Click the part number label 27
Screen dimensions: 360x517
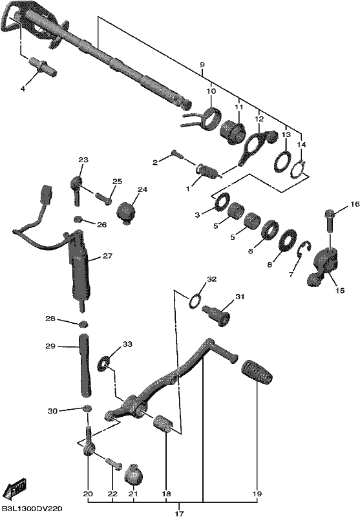point(107,255)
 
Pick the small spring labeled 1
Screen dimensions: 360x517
point(208,172)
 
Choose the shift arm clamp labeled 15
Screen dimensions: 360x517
point(323,268)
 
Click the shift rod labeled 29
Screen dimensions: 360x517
point(85,364)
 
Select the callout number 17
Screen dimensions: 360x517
point(179,513)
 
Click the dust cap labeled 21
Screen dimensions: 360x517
point(134,474)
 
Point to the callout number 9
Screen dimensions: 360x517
point(202,65)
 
